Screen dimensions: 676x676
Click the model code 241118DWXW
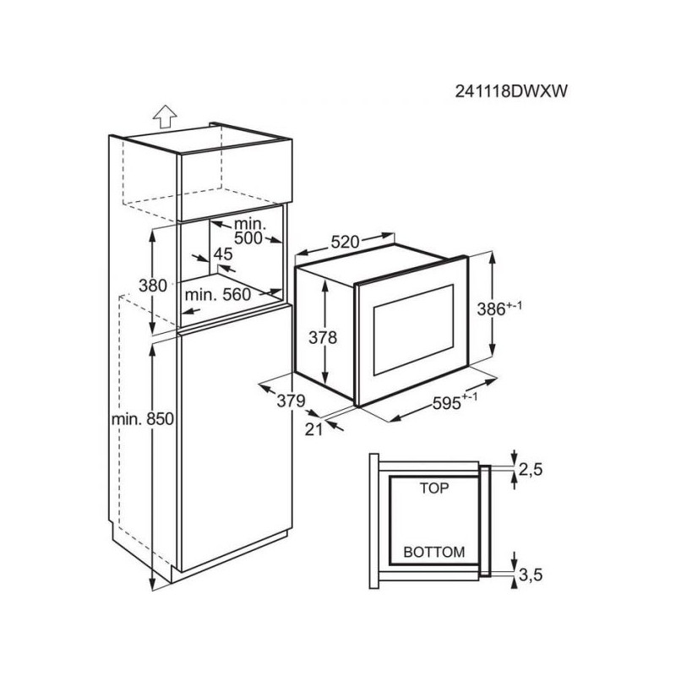[x=511, y=91]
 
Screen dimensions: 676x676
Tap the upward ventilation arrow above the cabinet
[x=165, y=117]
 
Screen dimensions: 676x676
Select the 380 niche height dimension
[x=153, y=286]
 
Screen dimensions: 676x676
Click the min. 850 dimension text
[x=142, y=418]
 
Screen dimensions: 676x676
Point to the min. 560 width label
[x=217, y=295]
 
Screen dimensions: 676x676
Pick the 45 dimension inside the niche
[x=223, y=254]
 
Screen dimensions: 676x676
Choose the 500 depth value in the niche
[x=248, y=238]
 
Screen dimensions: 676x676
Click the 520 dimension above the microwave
[x=345, y=243]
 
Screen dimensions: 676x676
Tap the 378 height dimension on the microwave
[x=323, y=337]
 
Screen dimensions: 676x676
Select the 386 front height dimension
[x=491, y=309]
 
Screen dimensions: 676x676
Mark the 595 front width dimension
[x=447, y=404]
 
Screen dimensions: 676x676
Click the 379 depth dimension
[x=291, y=401]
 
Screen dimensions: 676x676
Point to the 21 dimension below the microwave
[x=313, y=429]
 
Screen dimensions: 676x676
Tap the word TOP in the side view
[x=434, y=488]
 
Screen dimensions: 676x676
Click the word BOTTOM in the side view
[x=434, y=552]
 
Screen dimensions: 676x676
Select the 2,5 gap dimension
[x=531, y=470]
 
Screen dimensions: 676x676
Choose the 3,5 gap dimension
[x=531, y=575]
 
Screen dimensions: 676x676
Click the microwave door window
[x=413, y=330]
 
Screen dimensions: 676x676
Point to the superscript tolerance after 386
[x=514, y=305]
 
